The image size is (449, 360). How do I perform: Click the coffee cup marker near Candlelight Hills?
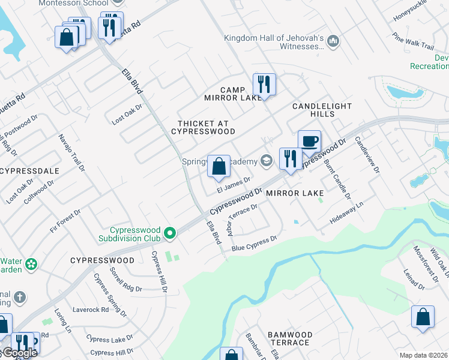tap(309, 142)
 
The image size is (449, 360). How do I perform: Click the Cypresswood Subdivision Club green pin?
tap(170, 233)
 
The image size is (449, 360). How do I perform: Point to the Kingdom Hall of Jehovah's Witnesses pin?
tap(334, 41)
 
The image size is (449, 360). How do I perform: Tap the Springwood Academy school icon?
tap(266, 160)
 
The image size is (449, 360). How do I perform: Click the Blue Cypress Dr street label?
tap(254, 243)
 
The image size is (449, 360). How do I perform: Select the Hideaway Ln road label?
tap(347, 214)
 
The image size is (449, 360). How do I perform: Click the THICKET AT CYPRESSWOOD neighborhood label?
tap(203, 127)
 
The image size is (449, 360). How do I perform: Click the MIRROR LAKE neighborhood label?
tap(295, 193)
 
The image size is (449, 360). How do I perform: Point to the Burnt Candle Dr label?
tap(337, 179)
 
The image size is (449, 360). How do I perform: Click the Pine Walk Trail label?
tap(413, 41)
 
